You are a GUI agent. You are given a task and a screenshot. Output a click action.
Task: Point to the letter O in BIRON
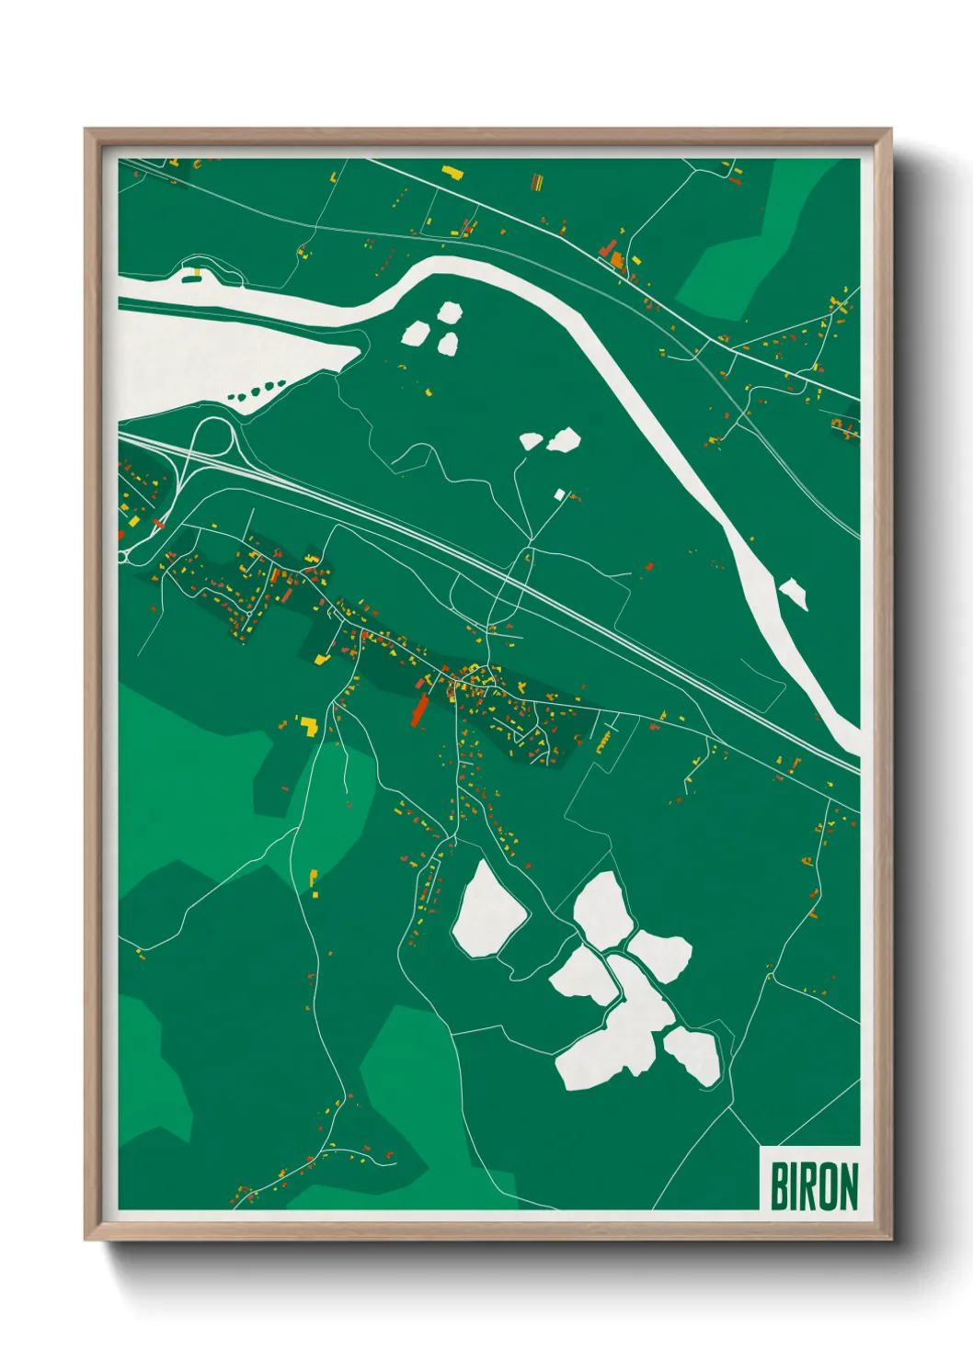823,1186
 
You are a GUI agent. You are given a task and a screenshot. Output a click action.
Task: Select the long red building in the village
420,707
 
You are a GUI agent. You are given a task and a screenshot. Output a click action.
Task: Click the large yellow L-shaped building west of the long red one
309,727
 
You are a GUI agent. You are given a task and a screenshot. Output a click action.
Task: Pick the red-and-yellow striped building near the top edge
537,181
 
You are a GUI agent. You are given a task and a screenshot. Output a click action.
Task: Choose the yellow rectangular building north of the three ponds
452,171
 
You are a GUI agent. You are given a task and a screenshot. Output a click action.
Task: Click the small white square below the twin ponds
558,494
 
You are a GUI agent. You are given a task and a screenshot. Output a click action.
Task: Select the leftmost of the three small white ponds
415,332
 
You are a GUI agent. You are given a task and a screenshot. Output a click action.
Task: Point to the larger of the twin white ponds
563,441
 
